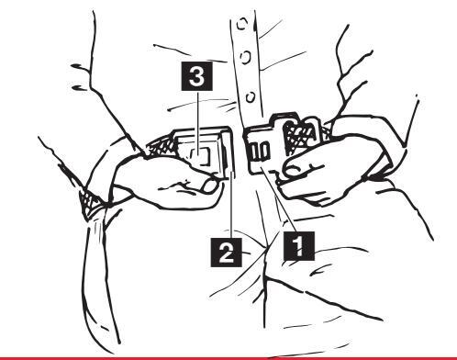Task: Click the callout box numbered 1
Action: [299, 246]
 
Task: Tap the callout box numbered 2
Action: [226, 253]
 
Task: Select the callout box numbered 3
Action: [197, 76]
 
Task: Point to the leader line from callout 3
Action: [197, 123]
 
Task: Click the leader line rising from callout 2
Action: [231, 205]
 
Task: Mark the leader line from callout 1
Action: [278, 200]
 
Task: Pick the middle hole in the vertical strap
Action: [246, 57]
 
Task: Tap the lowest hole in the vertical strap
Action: [251, 97]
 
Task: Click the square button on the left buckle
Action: [201, 155]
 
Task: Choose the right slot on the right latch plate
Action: [264, 151]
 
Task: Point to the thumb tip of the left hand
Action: [211, 186]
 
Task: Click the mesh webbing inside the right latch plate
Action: [301, 136]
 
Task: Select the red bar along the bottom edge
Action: [228, 358]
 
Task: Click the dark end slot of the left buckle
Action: [225, 155]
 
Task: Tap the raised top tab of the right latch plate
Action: [284, 118]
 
